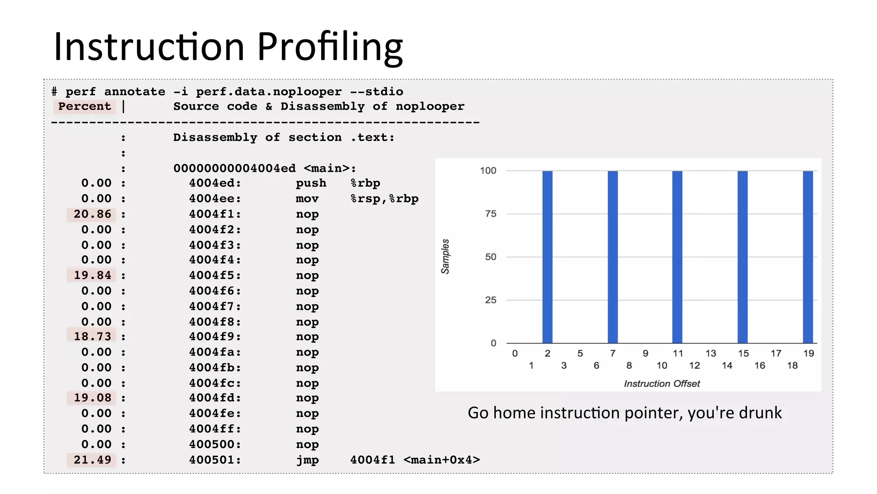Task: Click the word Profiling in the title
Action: tap(330, 47)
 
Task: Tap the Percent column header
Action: tap(85, 106)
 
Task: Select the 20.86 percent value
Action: tap(92, 214)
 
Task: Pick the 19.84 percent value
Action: tap(92, 275)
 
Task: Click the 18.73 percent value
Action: tap(92, 336)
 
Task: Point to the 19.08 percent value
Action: tap(92, 398)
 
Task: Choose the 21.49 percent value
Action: tap(92, 460)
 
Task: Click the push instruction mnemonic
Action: tap(311, 183)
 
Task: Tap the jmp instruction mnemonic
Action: tap(307, 460)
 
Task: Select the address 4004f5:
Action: tap(215, 275)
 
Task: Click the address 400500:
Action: tap(215, 444)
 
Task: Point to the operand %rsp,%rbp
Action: tap(385, 199)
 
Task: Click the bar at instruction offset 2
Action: tap(547, 257)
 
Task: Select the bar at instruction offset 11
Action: tap(677, 257)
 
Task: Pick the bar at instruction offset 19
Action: tap(808, 257)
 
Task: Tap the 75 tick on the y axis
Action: tap(491, 214)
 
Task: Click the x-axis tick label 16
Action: tap(760, 365)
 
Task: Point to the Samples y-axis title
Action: tap(445, 256)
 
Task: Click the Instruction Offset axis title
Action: tap(662, 383)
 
